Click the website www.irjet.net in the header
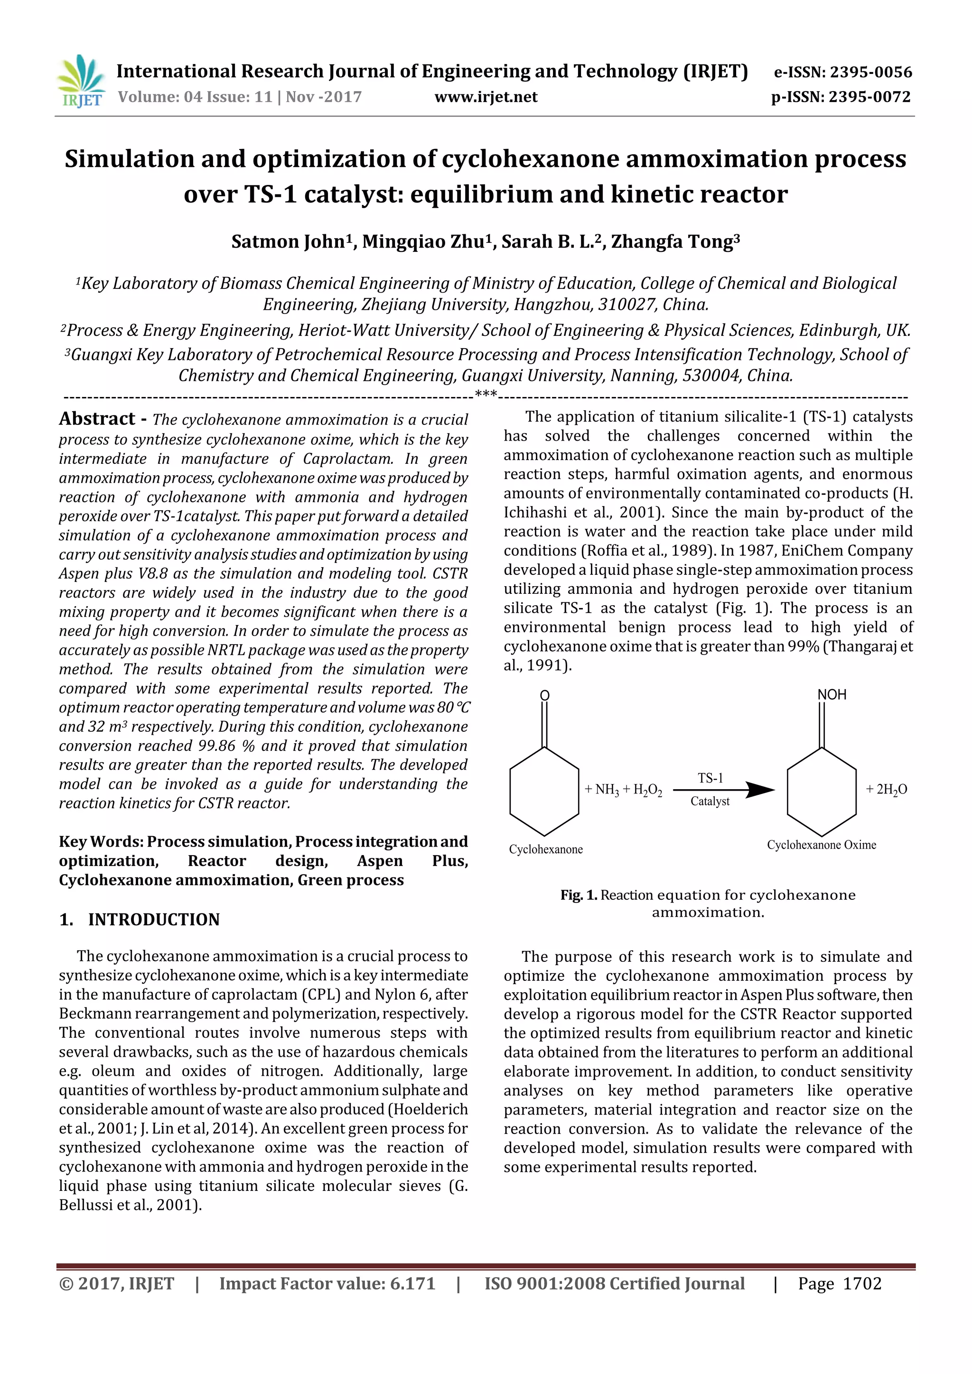tap(486, 97)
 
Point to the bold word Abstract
tap(97, 419)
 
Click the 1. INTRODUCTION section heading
tap(140, 919)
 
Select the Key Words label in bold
tap(101, 841)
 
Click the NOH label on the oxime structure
tap(832, 695)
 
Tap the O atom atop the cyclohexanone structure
tap(544, 695)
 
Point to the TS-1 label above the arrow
tap(710, 778)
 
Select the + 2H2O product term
tap(887, 790)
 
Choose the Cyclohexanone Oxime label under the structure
tap(821, 845)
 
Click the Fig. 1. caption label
tap(579, 895)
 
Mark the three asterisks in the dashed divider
tap(486, 394)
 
